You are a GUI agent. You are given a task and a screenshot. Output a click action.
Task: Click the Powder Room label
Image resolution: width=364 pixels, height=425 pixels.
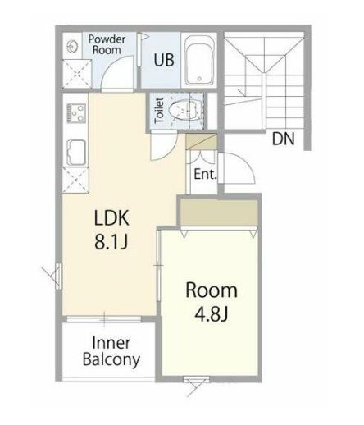(x=107, y=44)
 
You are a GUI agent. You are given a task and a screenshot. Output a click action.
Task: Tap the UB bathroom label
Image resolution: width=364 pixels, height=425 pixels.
(x=164, y=60)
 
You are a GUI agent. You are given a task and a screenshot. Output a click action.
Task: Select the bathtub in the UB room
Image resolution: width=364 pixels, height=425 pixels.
(x=199, y=61)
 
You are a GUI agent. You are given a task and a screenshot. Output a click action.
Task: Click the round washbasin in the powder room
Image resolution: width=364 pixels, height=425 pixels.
(x=72, y=45)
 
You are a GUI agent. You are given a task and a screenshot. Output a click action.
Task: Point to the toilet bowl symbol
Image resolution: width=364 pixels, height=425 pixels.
(x=185, y=111)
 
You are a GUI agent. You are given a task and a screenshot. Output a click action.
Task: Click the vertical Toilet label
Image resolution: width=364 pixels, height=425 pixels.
(x=159, y=111)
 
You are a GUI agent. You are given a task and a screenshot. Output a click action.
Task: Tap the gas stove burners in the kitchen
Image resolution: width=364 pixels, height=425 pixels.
(x=76, y=112)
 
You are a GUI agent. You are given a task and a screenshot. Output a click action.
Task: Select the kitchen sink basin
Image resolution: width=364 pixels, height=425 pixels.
(x=76, y=153)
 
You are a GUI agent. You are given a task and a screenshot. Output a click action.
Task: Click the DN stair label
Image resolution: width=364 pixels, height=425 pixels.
(x=284, y=139)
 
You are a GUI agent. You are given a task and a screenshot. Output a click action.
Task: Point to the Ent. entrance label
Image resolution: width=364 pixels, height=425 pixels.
(x=206, y=174)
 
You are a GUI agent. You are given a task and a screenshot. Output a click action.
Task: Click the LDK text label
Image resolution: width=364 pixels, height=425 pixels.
(x=111, y=218)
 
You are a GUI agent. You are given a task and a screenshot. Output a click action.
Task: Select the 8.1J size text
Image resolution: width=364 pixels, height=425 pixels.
(x=111, y=242)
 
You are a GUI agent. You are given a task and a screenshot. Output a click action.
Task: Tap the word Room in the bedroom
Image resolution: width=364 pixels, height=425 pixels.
(x=212, y=290)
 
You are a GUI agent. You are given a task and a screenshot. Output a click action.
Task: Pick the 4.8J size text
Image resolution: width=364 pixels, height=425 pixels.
(x=212, y=314)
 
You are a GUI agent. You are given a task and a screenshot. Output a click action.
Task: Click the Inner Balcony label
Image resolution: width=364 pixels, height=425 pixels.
(x=111, y=351)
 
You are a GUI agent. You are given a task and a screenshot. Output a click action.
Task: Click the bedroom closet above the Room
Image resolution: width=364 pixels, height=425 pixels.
(x=219, y=213)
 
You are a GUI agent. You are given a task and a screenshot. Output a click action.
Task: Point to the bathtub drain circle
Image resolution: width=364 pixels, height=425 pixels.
(x=199, y=79)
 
